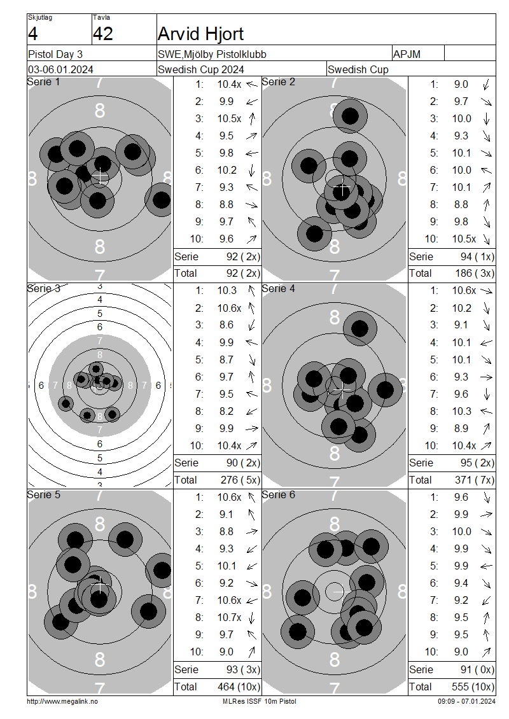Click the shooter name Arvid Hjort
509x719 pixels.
(200, 34)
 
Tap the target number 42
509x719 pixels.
(102, 34)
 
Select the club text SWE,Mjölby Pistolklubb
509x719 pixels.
(212, 54)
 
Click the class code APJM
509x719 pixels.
(407, 54)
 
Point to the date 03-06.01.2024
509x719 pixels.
(60, 70)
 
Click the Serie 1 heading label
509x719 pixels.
(43, 82)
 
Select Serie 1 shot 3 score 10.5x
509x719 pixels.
(229, 119)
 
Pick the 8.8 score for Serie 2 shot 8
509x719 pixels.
(461, 204)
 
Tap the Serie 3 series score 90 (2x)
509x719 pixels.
(243, 463)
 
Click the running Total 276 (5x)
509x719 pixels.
(241, 480)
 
